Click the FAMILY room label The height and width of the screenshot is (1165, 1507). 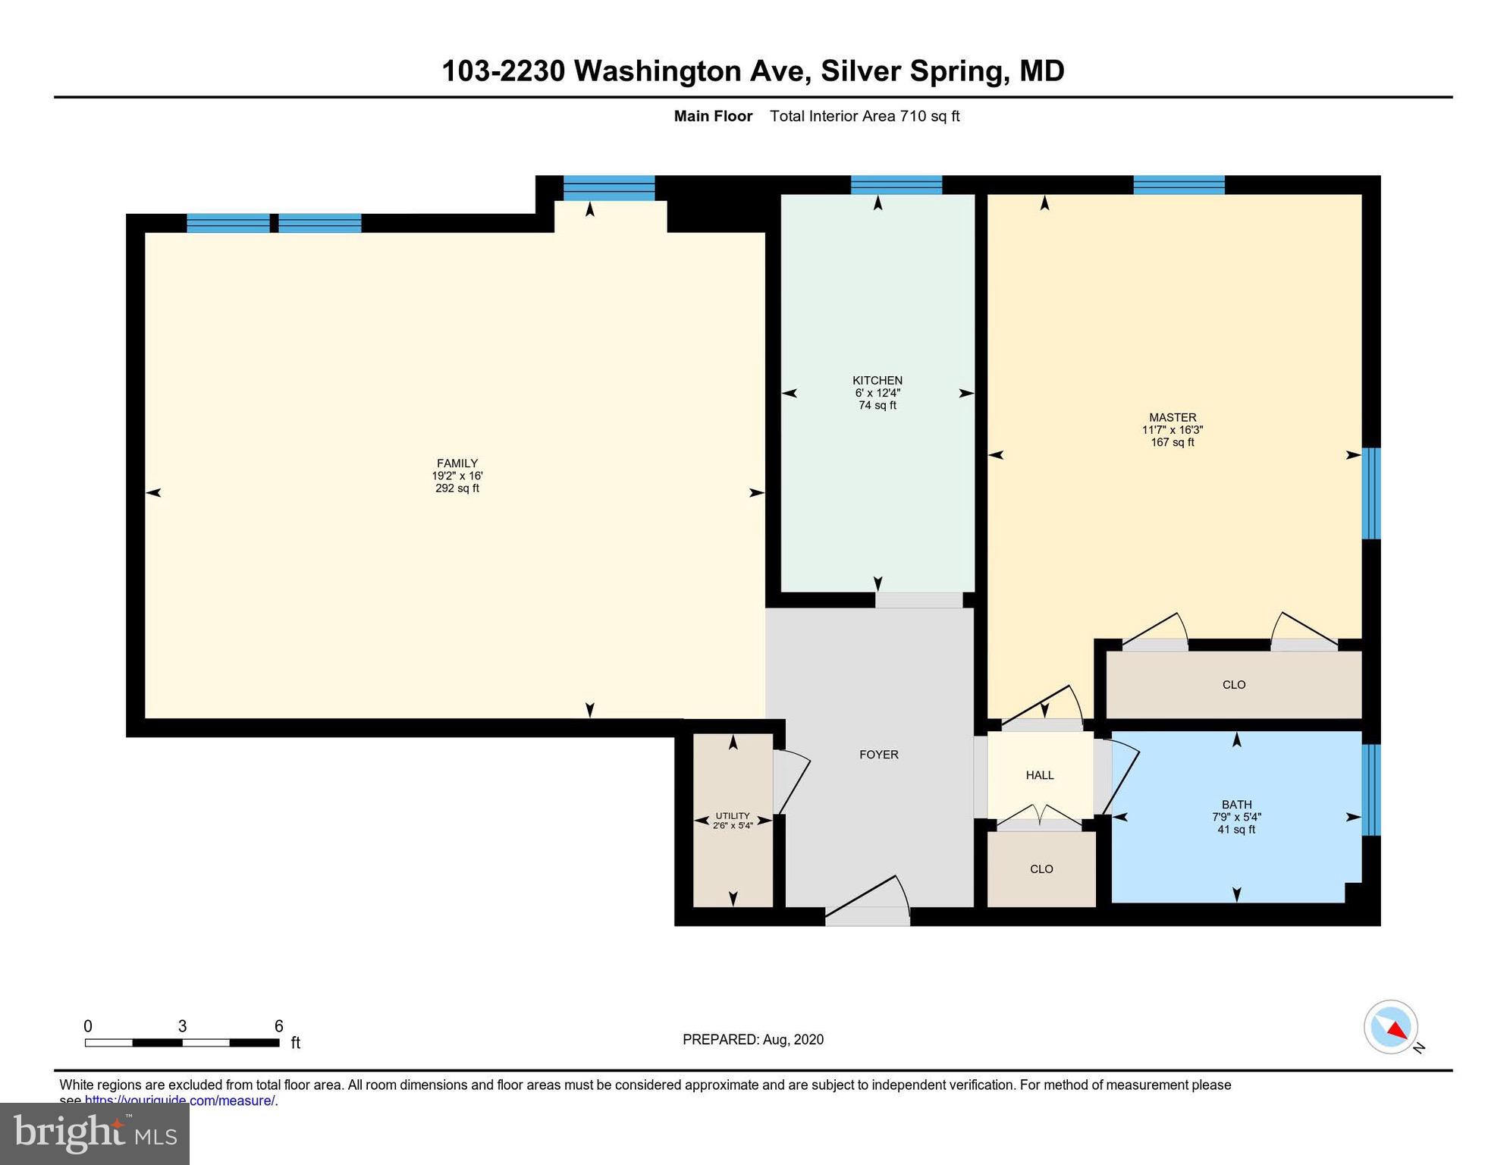click(x=457, y=463)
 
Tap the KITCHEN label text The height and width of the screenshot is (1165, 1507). click(x=877, y=380)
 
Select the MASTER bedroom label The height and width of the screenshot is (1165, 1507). click(x=1172, y=417)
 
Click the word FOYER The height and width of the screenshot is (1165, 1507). click(x=878, y=755)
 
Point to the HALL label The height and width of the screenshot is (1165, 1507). click(x=1039, y=775)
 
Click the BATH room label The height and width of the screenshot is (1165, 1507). click(x=1236, y=805)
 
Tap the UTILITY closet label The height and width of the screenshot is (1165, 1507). click(x=732, y=816)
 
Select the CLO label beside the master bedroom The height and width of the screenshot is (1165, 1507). click(x=1233, y=685)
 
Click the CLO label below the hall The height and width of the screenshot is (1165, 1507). click(x=1041, y=869)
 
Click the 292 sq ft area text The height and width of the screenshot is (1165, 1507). click(x=457, y=488)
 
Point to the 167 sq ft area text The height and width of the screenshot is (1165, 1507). click(x=1172, y=442)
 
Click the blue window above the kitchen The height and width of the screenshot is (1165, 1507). click(x=896, y=185)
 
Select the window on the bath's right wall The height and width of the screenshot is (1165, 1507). click(x=1370, y=790)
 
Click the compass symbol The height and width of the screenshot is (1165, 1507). click(x=1391, y=1027)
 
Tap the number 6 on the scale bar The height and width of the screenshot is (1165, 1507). click(x=278, y=1026)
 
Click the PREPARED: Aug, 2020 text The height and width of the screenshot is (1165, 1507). click(x=752, y=1040)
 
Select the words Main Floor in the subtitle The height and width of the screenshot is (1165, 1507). click(x=713, y=116)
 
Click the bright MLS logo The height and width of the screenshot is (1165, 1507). click(x=95, y=1133)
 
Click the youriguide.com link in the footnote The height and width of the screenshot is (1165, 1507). click(x=179, y=1101)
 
